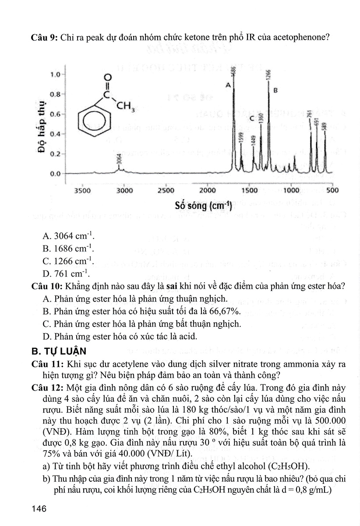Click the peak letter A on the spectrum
coord(228,86)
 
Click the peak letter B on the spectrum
coord(275,91)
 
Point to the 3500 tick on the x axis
coord(82,191)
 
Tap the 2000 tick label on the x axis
coord(207,191)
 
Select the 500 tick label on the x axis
coord(332,191)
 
